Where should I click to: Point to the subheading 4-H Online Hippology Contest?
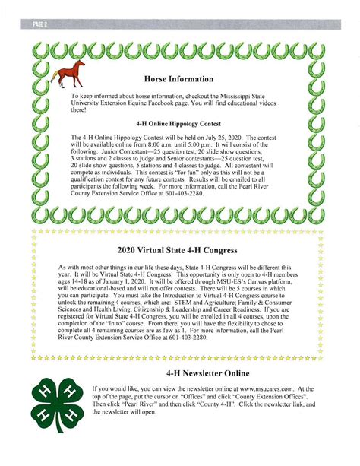pyautogui.click(x=179, y=121)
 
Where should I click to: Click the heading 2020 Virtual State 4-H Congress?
pyautogui.click(x=179, y=249)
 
